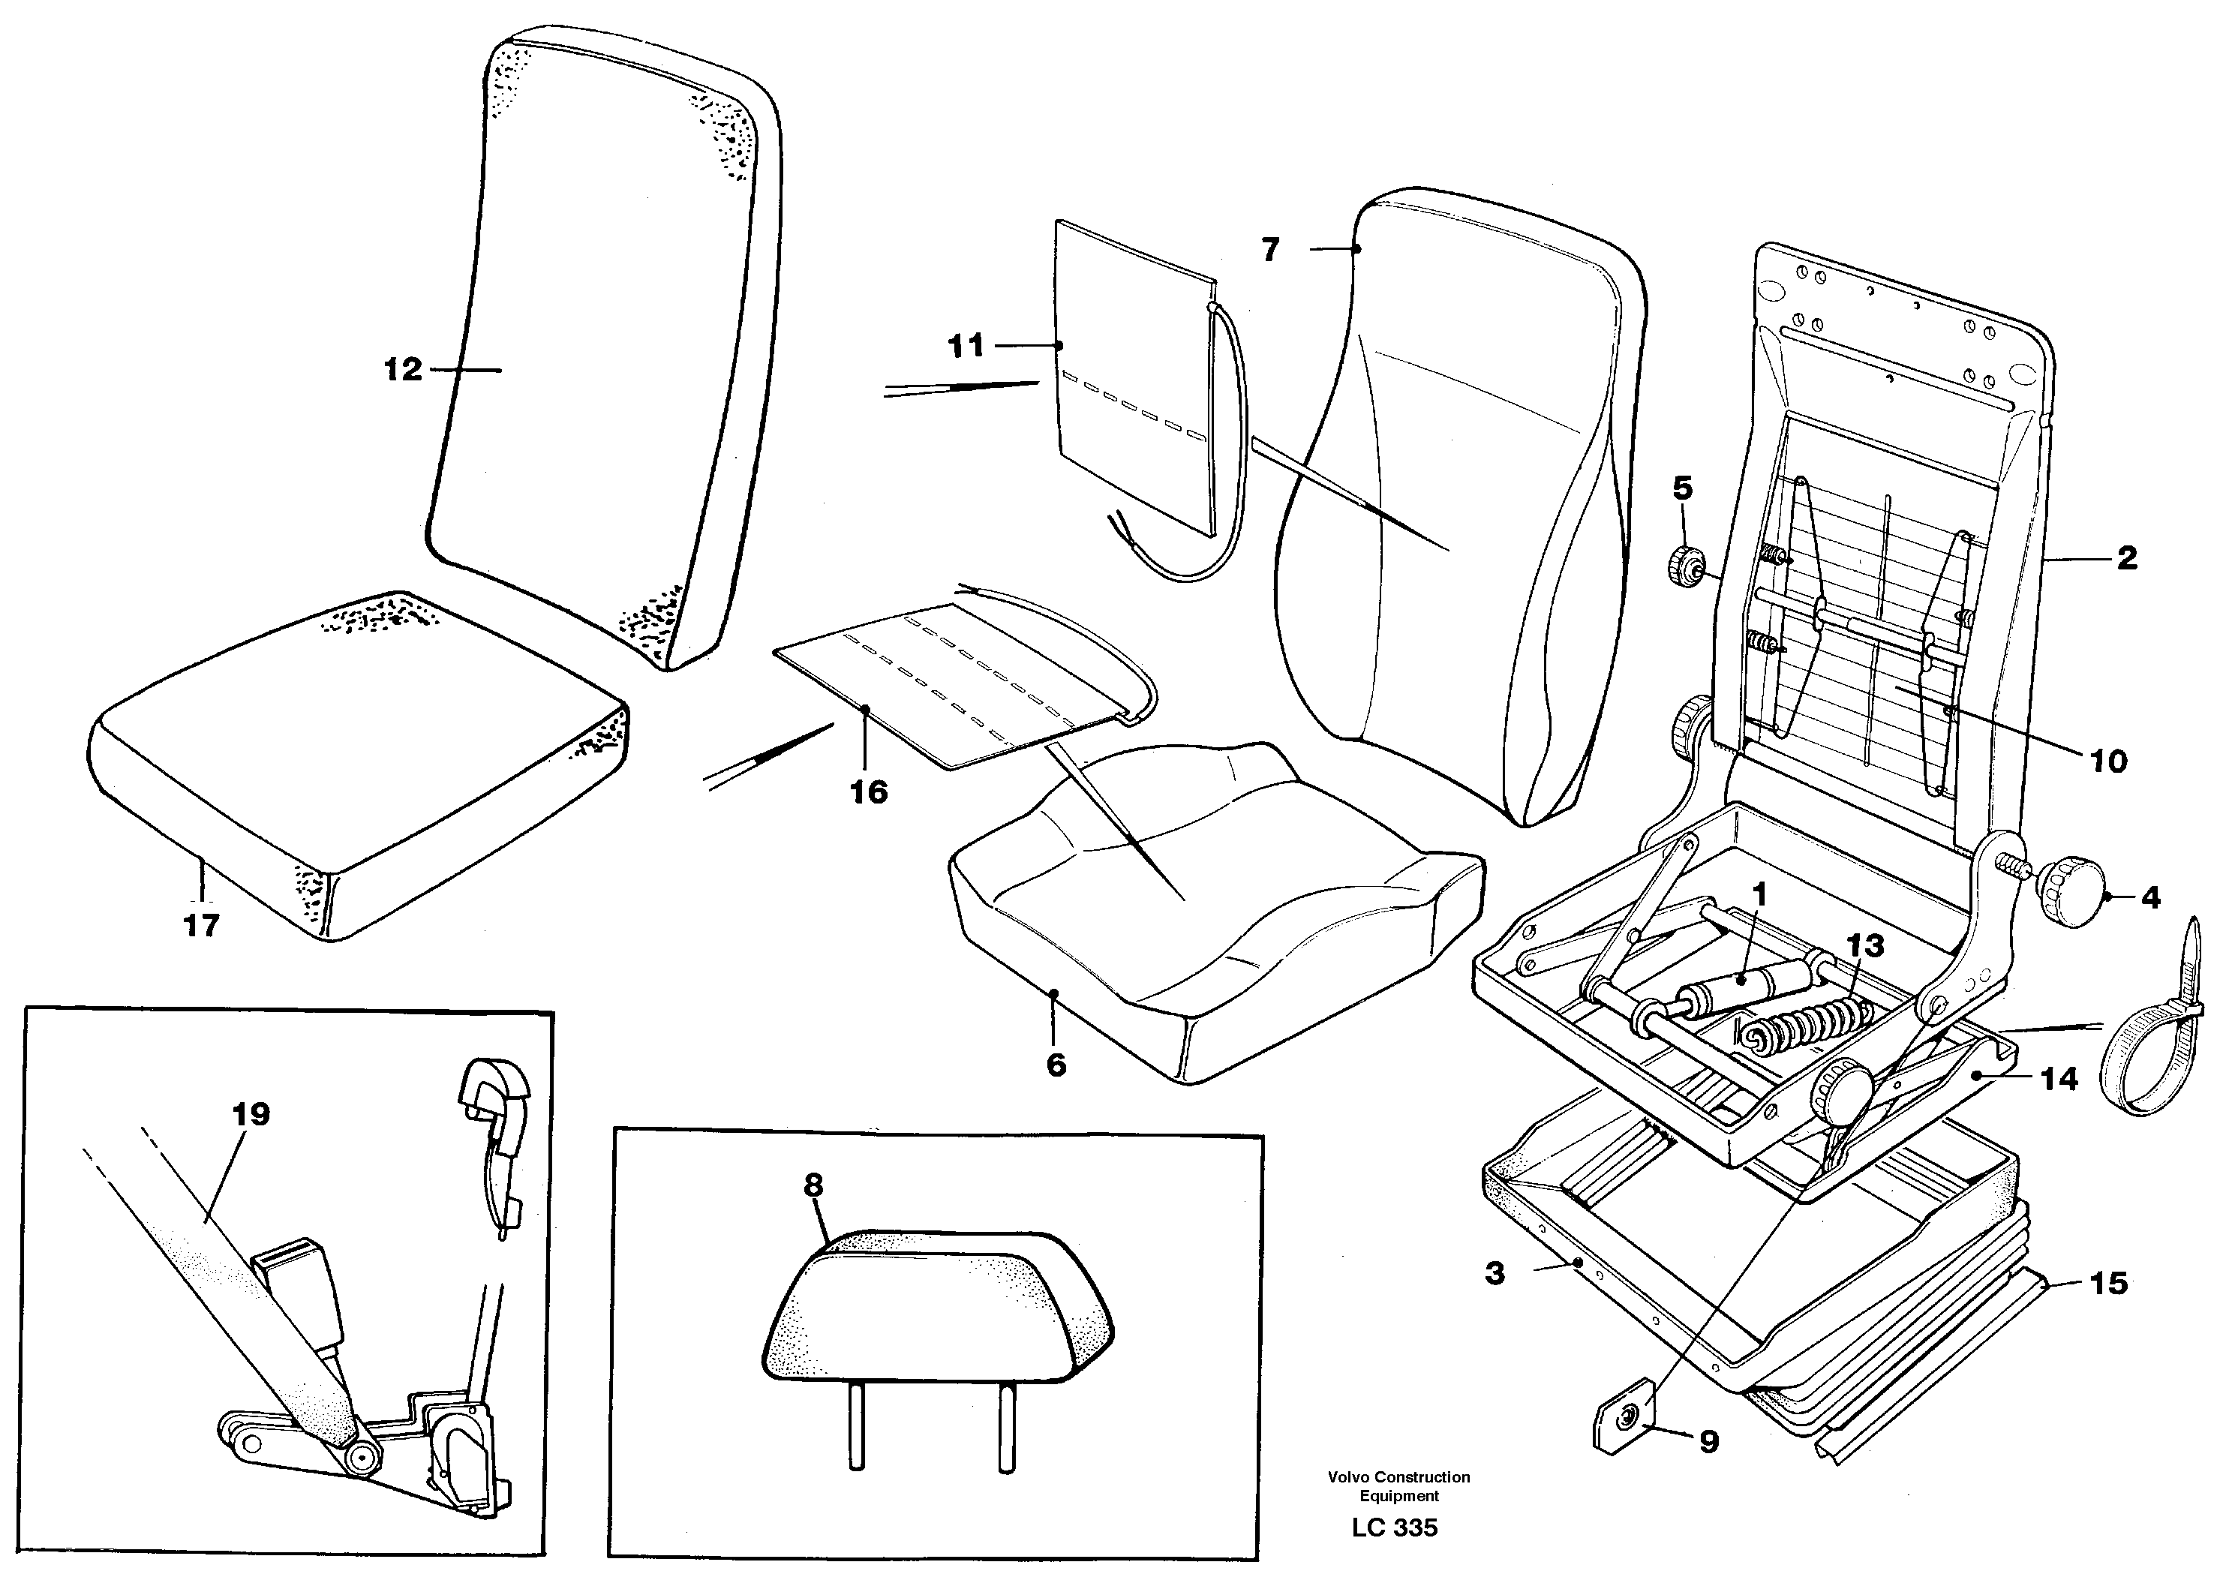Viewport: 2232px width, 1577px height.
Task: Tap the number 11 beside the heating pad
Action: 966,346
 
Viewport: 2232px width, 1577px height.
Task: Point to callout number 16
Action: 869,792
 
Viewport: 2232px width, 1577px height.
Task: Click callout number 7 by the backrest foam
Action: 1271,251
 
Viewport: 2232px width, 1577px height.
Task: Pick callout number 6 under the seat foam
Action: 1056,1065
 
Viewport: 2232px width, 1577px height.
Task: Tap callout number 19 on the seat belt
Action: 251,1114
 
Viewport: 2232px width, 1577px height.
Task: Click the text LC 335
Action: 1394,1527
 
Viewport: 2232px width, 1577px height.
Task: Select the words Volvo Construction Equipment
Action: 1399,1485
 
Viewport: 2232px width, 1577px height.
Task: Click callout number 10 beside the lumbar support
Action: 2108,761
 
